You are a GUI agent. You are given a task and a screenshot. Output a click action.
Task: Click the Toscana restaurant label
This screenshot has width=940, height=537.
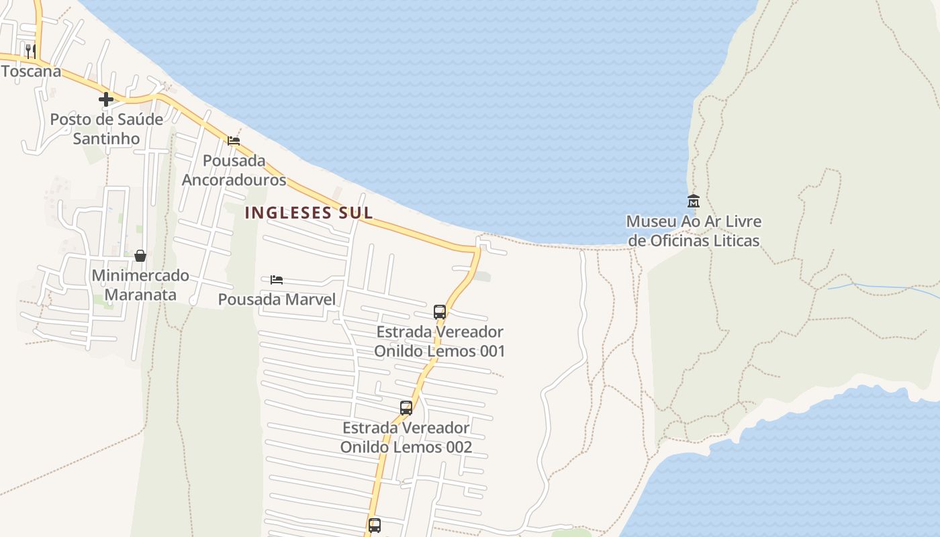click(31, 71)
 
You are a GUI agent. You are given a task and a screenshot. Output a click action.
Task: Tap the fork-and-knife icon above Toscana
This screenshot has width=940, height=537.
click(30, 50)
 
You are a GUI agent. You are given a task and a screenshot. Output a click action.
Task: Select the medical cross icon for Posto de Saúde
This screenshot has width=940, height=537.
click(105, 99)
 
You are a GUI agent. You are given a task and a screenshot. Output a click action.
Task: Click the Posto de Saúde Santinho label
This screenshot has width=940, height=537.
click(106, 129)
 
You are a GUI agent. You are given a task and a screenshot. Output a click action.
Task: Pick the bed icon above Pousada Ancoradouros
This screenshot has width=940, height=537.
click(234, 140)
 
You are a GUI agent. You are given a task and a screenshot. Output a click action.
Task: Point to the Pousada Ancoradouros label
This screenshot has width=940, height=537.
click(234, 170)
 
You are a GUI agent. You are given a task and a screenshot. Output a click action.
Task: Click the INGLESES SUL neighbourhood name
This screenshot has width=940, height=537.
click(309, 213)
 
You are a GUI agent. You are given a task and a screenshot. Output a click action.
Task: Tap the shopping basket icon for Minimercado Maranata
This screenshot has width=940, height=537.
click(140, 256)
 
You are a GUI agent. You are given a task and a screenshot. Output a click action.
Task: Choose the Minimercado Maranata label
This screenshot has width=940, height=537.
click(140, 285)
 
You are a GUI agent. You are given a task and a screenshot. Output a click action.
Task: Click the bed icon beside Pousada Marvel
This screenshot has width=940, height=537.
click(277, 279)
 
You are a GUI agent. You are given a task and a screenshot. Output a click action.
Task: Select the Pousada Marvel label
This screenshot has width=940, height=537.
click(277, 299)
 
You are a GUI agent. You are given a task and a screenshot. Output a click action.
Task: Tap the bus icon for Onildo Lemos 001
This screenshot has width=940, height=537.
click(440, 311)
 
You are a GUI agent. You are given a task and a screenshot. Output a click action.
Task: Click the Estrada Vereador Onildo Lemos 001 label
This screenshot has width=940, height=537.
click(440, 341)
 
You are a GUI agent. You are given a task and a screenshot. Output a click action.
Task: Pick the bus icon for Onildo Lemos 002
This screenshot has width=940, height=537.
click(406, 407)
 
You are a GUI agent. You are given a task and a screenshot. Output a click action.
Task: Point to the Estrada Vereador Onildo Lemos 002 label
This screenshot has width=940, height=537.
click(406, 437)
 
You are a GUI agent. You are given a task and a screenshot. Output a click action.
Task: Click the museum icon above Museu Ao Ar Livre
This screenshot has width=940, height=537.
click(693, 201)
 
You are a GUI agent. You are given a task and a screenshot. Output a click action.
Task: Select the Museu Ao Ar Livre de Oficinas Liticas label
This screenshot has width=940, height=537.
click(693, 230)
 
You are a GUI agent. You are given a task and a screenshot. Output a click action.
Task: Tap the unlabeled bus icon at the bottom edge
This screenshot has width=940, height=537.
click(375, 525)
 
